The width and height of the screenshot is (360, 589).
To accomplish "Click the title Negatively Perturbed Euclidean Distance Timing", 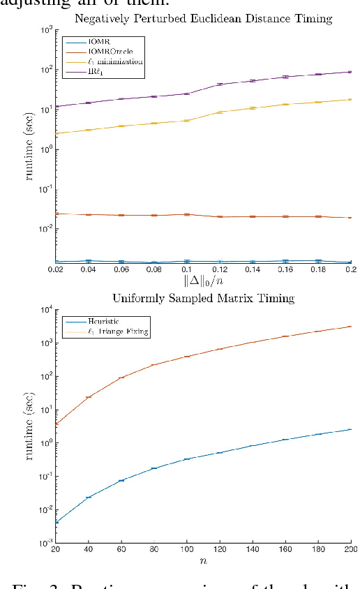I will tap(202, 19).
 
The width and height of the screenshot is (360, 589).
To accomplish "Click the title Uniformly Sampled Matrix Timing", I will tap(202, 298).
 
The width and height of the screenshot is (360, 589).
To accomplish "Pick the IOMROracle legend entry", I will tap(101, 52).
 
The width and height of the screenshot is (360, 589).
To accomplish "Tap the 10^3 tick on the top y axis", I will tap(45, 30).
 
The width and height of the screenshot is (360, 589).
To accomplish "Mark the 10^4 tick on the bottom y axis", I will tap(45, 309).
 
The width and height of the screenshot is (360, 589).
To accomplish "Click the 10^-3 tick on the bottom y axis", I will tap(44, 543).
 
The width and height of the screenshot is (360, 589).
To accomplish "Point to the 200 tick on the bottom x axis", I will tap(349, 550).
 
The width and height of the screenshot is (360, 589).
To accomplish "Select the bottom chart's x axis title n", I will tap(203, 560).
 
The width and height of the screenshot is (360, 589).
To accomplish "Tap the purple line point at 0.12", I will tap(220, 84).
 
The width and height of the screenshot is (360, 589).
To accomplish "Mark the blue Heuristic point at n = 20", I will tap(56, 521).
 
